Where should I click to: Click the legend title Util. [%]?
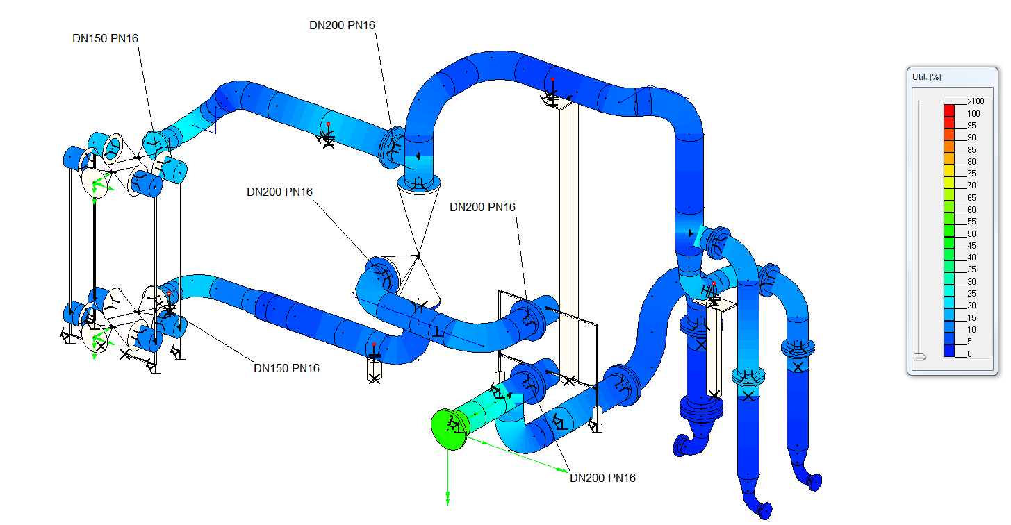click(926, 76)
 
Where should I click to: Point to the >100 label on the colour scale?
click(975, 101)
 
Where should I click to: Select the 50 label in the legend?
click(971, 234)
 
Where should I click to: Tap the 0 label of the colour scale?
click(969, 354)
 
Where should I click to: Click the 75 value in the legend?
click(971, 174)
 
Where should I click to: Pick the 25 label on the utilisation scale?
click(971, 294)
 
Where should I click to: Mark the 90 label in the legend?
click(971, 137)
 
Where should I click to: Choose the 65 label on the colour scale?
click(971, 198)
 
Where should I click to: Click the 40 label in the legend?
click(971, 258)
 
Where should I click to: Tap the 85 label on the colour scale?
click(971, 150)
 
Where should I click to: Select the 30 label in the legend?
click(971, 282)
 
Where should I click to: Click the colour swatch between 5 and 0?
click(950, 349)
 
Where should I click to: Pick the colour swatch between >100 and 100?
click(950, 108)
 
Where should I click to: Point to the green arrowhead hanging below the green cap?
click(448, 499)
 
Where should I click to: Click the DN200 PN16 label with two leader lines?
click(602, 478)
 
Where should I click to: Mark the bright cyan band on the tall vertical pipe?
click(697, 235)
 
